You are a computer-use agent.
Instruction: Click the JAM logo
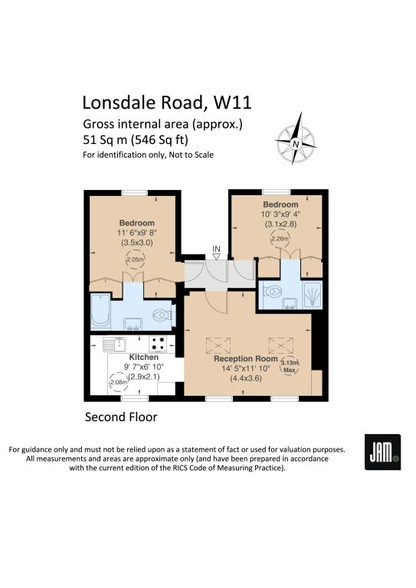pyautogui.click(x=382, y=452)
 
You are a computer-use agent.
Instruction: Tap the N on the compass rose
pyautogui.click(x=296, y=144)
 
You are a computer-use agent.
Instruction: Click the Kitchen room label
pyautogui.click(x=144, y=357)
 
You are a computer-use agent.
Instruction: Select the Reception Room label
pyautogui.click(x=246, y=358)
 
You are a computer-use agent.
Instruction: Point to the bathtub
pyautogui.click(x=100, y=311)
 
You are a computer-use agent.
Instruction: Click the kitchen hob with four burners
pyautogui.click(x=159, y=344)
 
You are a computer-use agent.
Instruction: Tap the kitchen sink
pyautogui.click(x=114, y=344)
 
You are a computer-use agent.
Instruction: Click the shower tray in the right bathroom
pyautogui.click(x=312, y=295)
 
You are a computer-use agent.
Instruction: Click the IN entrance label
pyautogui.click(x=217, y=249)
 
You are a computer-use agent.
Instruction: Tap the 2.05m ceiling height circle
pyautogui.click(x=135, y=260)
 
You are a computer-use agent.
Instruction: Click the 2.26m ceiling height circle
pyautogui.click(x=280, y=239)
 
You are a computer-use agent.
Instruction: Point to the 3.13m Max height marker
pyautogui.click(x=290, y=366)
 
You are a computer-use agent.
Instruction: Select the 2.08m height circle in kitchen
pyautogui.click(x=118, y=383)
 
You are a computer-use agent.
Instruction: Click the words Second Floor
pyautogui.click(x=121, y=417)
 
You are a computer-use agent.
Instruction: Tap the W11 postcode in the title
pyautogui.click(x=232, y=103)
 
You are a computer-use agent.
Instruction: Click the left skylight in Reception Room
pyautogui.click(x=218, y=345)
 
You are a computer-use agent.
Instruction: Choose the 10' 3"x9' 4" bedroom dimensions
pyautogui.click(x=280, y=214)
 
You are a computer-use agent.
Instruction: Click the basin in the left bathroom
pyautogui.click(x=133, y=324)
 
